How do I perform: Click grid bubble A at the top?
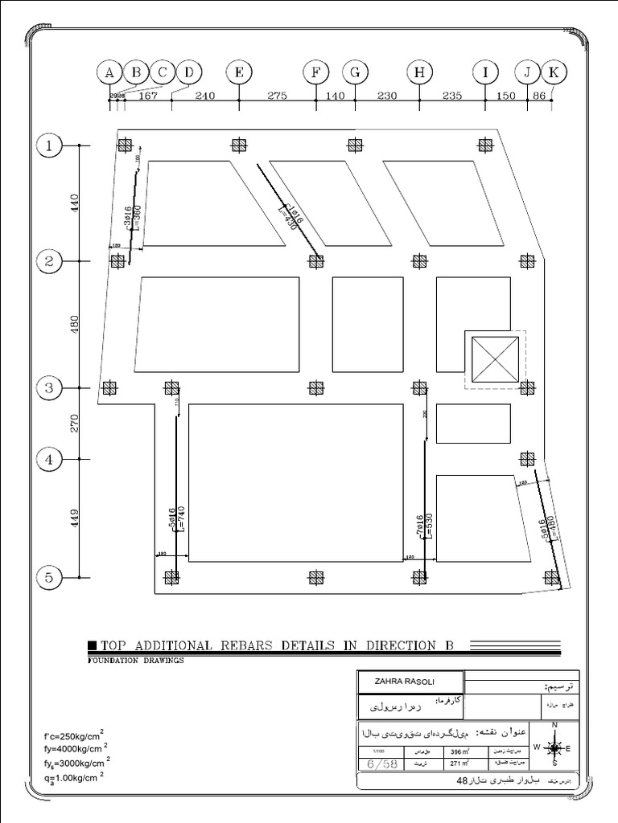pyautogui.click(x=109, y=72)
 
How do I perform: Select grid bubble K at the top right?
pyautogui.click(x=553, y=72)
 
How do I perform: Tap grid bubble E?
pyautogui.click(x=239, y=72)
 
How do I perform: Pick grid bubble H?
pyautogui.click(x=419, y=72)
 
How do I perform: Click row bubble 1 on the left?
pyautogui.click(x=49, y=145)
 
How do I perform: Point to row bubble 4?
pyautogui.click(x=49, y=460)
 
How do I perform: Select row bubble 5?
pyautogui.click(x=49, y=577)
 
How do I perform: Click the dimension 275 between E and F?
pyautogui.click(x=277, y=95)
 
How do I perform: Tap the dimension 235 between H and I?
pyautogui.click(x=451, y=95)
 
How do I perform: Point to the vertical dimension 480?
pyautogui.click(x=74, y=325)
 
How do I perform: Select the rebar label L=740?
pyautogui.click(x=181, y=522)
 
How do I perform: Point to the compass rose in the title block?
pyautogui.click(x=554, y=747)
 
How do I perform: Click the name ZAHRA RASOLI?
pyautogui.click(x=402, y=682)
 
